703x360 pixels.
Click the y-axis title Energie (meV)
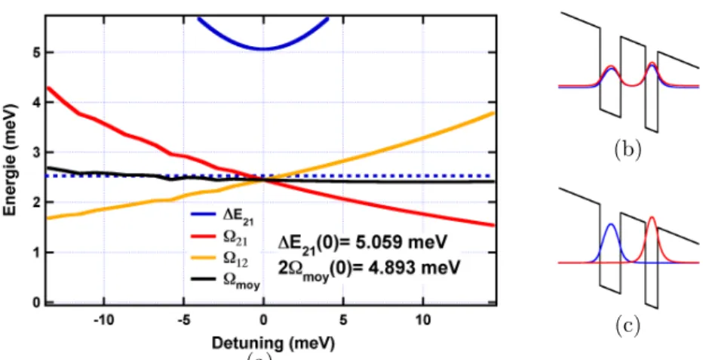tap(11, 160)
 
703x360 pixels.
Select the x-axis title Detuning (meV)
tap(273, 344)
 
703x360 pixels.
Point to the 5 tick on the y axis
tap(36, 53)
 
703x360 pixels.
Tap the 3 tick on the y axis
tap(36, 153)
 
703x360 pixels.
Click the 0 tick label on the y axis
tap(36, 303)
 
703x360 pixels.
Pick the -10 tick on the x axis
tap(104, 321)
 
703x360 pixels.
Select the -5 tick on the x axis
tap(184, 321)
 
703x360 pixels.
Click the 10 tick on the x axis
tap(423, 321)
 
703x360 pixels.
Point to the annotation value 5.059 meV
tap(394, 244)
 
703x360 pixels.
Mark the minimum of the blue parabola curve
tap(264, 48)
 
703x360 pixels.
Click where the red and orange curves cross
tap(265, 180)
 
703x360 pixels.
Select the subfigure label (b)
tap(627, 151)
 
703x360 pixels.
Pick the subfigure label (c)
tap(627, 326)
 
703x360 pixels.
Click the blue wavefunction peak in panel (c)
tap(610, 225)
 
